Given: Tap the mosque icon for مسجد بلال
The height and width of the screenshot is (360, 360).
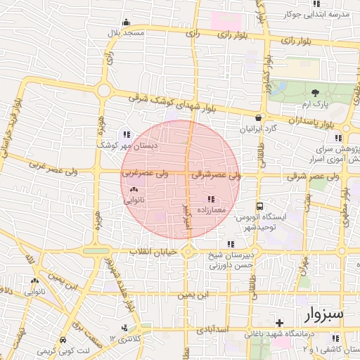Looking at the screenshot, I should (126, 22).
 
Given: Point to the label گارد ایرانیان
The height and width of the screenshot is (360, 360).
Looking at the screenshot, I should (259, 129).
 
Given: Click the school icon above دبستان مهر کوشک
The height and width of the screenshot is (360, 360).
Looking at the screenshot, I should (127, 134).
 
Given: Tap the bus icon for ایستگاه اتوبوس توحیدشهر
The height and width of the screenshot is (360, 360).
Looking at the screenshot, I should (260, 207).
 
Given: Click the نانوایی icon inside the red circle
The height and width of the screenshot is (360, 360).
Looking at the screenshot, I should (134, 189).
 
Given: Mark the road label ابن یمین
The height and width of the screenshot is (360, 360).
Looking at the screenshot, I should (193, 295).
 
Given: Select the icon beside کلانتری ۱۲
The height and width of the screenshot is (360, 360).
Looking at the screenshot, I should (124, 328).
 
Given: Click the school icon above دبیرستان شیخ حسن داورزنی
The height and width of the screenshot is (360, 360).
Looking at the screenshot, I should (231, 244).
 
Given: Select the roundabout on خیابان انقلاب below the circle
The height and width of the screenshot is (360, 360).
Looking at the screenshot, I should (188, 252).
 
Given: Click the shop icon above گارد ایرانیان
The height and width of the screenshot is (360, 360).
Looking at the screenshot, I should (259, 118).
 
